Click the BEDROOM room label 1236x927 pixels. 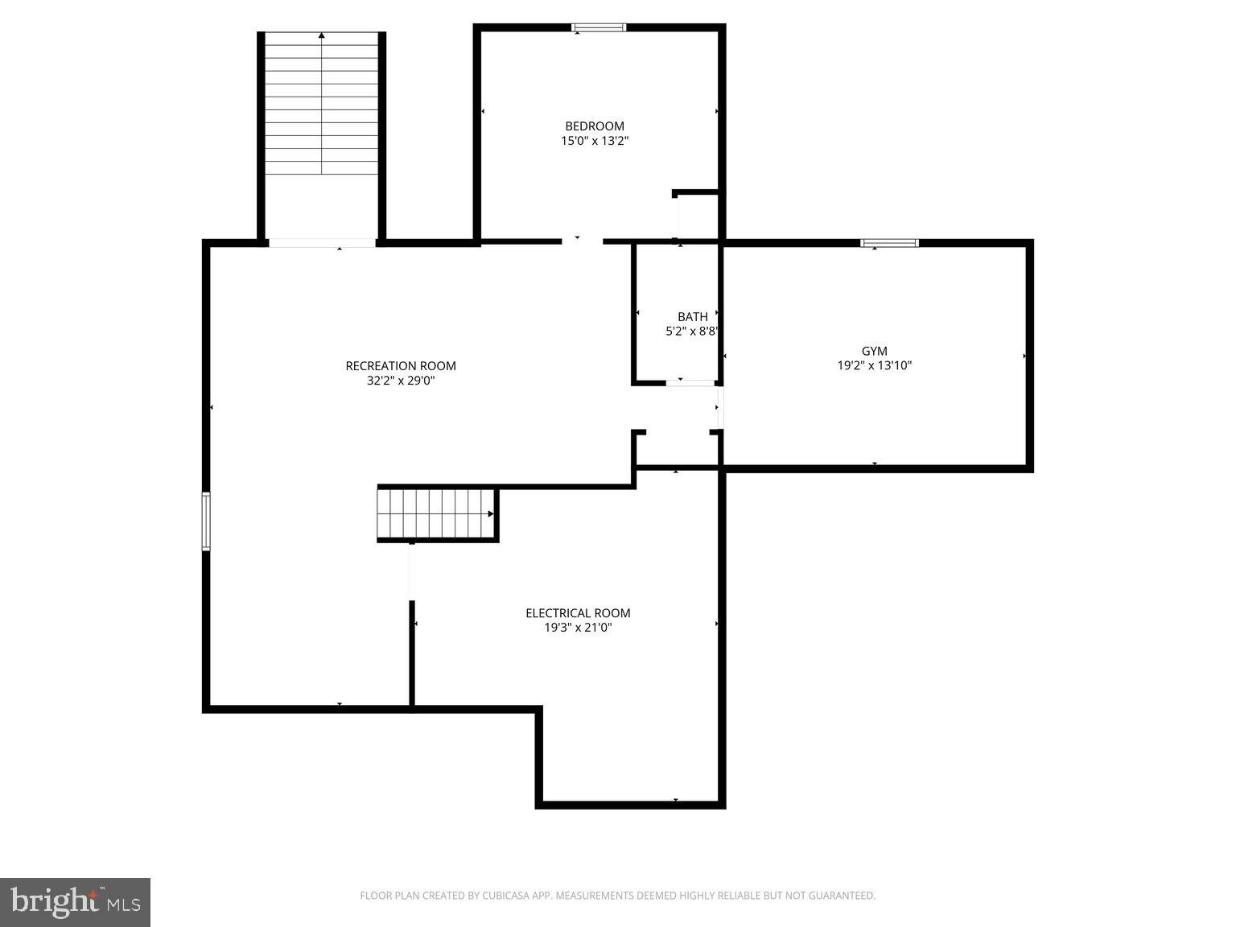tap(594, 126)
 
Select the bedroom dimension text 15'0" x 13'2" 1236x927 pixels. tap(594, 141)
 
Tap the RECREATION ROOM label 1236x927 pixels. tap(401, 366)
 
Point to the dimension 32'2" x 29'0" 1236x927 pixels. tap(401, 381)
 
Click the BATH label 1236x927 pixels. tap(692, 317)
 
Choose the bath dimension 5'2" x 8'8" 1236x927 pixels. tap(691, 332)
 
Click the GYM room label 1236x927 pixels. tap(874, 351)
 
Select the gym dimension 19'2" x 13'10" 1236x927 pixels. tap(874, 365)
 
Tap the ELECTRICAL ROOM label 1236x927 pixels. tap(578, 613)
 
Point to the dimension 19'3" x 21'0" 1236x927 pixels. tap(578, 628)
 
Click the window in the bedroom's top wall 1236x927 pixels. tap(599, 28)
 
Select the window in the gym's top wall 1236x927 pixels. tap(889, 243)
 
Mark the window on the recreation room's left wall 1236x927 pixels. tap(206, 521)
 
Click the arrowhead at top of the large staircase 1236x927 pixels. tap(322, 35)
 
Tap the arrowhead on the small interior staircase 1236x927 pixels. tap(490, 513)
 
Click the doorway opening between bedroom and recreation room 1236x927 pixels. tap(582, 240)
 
